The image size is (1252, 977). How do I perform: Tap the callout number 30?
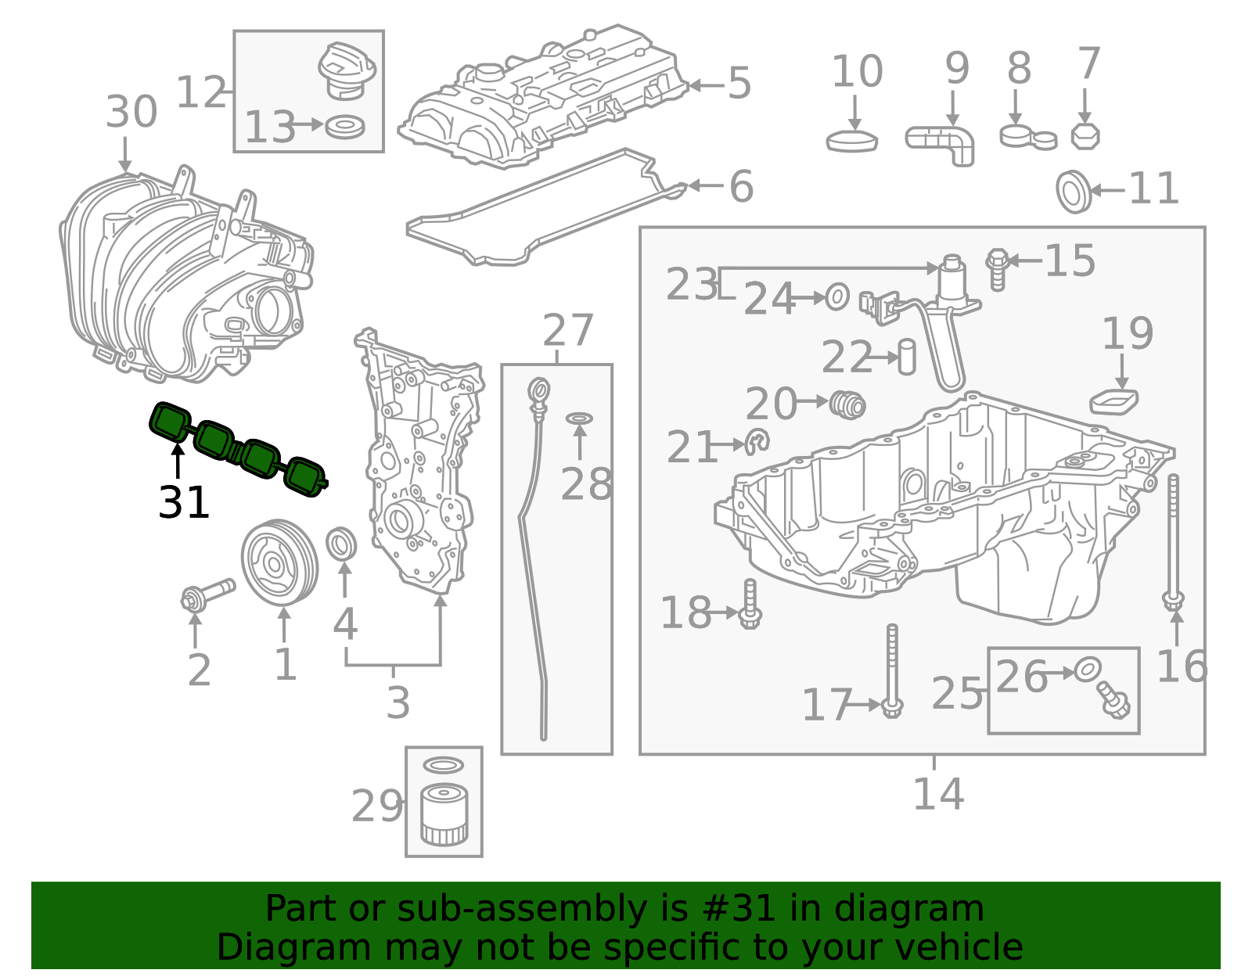131,112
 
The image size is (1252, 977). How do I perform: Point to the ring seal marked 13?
344,127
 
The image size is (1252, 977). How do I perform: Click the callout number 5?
739,83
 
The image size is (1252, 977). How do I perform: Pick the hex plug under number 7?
1085,136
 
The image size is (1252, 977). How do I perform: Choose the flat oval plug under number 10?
851,141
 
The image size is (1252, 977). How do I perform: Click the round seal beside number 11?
1074,191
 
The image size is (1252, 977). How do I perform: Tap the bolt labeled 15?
998,269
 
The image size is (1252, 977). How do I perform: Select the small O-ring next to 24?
836,297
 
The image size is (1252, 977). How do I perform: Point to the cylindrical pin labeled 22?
907,357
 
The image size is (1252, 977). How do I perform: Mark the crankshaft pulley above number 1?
279,562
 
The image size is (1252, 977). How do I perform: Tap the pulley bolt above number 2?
207,594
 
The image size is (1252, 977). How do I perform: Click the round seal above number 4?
341,543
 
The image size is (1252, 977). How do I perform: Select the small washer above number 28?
579,418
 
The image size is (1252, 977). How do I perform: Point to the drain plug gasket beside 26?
1088,669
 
